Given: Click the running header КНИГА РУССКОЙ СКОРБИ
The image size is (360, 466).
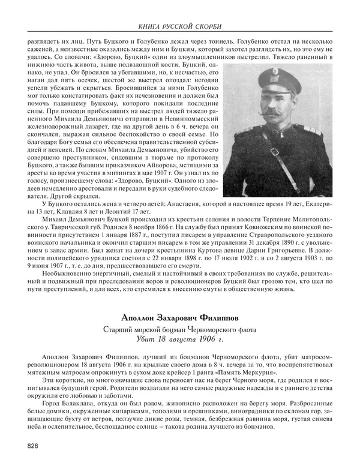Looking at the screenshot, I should point(180,26).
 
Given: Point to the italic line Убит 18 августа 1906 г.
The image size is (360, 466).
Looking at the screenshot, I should point(179,340).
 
